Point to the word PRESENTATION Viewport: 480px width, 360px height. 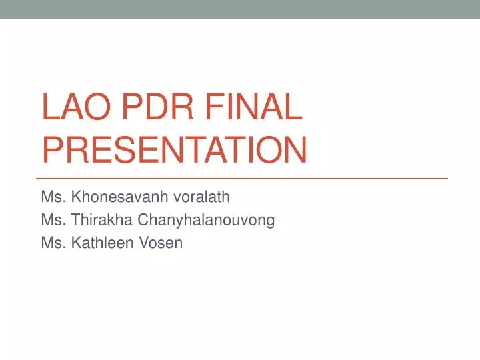pos(174,150)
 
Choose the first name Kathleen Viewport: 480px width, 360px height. pos(103,243)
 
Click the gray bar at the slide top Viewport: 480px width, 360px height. pos(240,9)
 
